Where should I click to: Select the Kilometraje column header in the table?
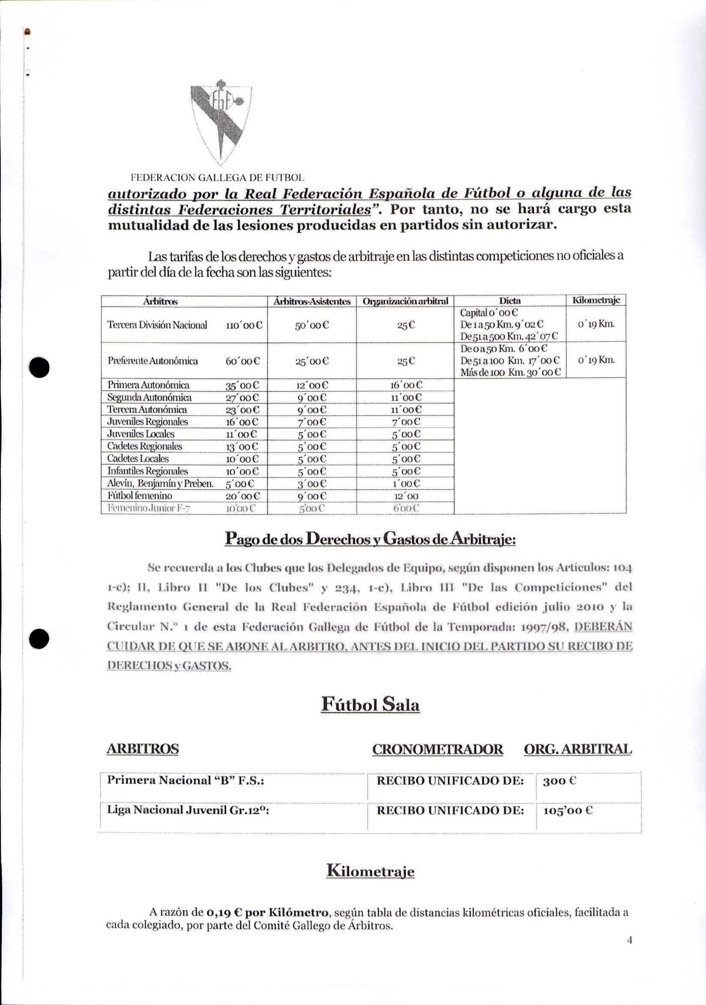[596, 301]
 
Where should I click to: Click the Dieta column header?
[510, 301]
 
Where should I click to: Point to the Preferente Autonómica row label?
[153, 361]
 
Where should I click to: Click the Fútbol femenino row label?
[140, 496]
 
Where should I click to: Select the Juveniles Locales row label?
[141, 434]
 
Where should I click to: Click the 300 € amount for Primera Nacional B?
[559, 781]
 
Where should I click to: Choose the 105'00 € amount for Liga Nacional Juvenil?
[568, 811]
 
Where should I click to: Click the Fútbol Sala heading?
[370, 704]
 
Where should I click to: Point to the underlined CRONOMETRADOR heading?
[437, 749]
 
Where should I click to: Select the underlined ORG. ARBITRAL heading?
[577, 749]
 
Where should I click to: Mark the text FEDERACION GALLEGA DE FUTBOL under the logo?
[218, 178]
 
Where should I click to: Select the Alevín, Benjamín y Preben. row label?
[160, 484]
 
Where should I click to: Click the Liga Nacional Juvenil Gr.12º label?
[188, 810]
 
